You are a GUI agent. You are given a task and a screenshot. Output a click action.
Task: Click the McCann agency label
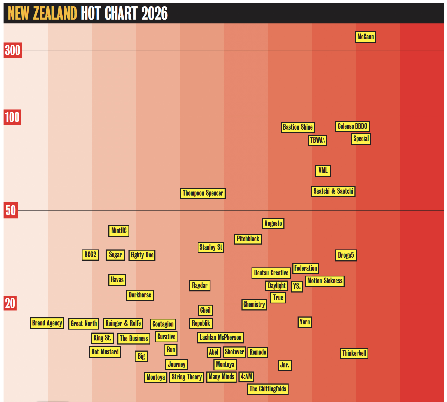[x=365, y=37]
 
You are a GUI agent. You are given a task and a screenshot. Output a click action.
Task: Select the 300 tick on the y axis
[x=13, y=50]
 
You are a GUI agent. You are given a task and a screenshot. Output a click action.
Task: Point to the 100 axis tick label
[x=12, y=117]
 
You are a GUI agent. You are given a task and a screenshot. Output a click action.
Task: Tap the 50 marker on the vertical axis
[x=11, y=210]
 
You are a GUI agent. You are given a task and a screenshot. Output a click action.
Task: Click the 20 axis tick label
[x=10, y=303]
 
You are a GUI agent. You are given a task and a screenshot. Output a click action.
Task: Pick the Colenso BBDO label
[x=352, y=127]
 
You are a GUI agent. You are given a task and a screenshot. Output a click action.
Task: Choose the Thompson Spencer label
[x=203, y=193]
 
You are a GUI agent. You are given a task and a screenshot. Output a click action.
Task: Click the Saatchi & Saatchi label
[x=333, y=191]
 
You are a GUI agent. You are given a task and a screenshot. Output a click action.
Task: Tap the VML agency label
[x=323, y=171]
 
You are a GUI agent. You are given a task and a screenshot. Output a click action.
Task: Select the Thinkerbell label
[x=354, y=354]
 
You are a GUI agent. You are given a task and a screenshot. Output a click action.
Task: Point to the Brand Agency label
[x=47, y=323]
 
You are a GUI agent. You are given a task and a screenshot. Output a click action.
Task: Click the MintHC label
[x=119, y=231]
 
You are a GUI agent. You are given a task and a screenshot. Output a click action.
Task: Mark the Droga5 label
[x=346, y=255]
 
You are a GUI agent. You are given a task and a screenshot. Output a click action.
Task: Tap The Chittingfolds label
[x=268, y=389]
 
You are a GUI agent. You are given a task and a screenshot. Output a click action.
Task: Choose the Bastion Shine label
[x=298, y=127]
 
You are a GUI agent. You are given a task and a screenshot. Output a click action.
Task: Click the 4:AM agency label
[x=246, y=377]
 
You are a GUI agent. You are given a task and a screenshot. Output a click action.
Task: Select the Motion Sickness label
[x=325, y=281]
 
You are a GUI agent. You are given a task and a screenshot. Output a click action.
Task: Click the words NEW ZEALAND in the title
[x=42, y=13]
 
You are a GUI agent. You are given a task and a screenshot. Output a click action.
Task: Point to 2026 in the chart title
[x=154, y=13]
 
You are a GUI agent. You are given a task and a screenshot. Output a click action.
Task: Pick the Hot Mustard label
[x=105, y=352]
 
